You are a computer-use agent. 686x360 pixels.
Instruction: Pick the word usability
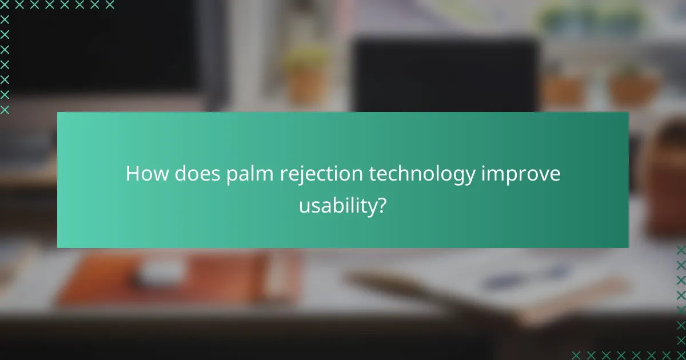click(337, 206)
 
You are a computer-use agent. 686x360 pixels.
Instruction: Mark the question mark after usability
click(381, 205)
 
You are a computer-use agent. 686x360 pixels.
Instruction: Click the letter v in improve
click(542, 175)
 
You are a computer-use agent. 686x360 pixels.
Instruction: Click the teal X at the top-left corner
click(5, 5)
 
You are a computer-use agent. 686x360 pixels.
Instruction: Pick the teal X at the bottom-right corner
click(681, 355)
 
